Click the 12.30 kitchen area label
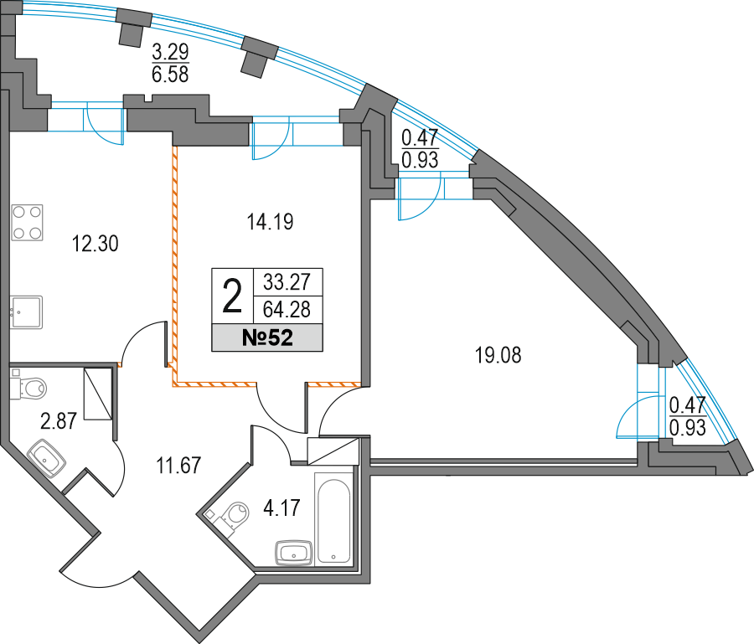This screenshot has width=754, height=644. coord(96,244)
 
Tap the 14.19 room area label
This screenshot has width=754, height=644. coord(271,222)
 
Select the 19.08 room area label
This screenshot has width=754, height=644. coord(498,356)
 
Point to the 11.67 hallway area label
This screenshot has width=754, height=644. coord(178,466)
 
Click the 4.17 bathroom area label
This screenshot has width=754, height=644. coord(281,507)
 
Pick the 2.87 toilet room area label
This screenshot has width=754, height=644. coord(59,421)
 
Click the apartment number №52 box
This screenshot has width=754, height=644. coord(267,337)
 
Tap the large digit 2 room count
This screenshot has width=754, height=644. coord(232,296)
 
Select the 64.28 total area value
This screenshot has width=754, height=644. coord(287,310)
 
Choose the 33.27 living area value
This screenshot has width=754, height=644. coord(287,281)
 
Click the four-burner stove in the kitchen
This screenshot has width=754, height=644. coord(27,223)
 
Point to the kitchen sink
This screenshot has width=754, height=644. coord(27,312)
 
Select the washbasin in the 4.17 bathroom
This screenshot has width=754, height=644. coord(294,552)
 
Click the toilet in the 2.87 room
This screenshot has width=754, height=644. coord(28,387)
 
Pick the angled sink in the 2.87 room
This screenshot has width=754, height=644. coord(46,458)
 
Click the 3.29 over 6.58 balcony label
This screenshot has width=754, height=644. coord(170,63)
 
